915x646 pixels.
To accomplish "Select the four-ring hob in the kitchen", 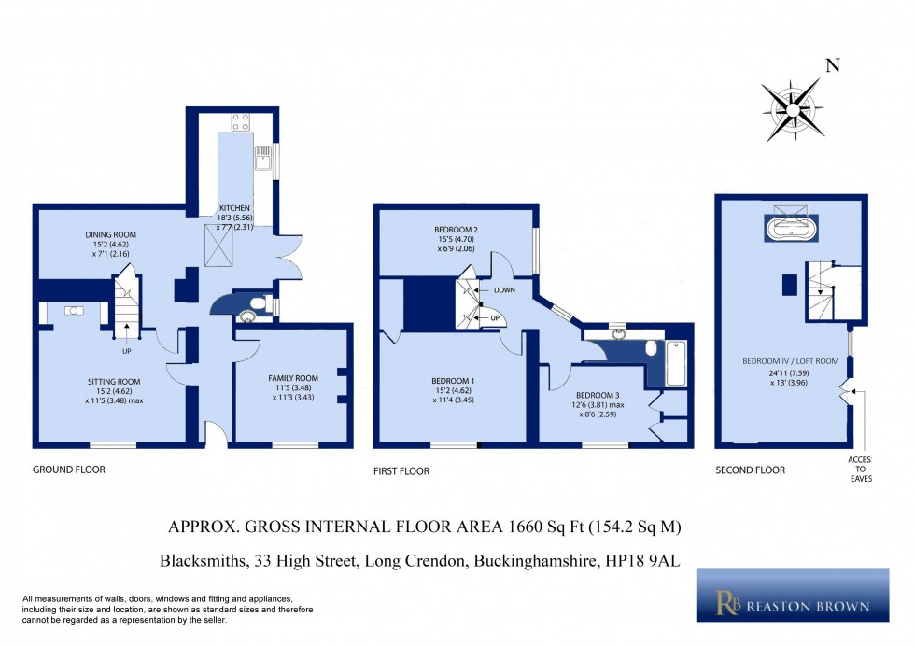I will [239, 120].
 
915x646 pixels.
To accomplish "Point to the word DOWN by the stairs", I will [504, 290].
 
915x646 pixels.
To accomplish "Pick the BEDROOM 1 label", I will [454, 381].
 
